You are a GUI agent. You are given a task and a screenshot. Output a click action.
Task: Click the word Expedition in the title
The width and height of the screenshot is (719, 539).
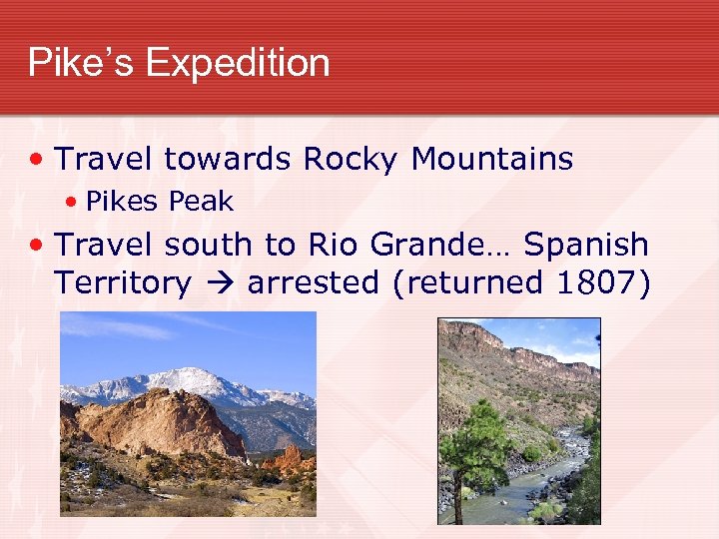(x=238, y=63)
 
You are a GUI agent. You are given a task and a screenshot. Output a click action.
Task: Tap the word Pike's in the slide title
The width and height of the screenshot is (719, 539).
(x=82, y=63)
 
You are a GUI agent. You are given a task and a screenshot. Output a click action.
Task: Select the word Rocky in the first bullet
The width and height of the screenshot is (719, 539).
(x=352, y=159)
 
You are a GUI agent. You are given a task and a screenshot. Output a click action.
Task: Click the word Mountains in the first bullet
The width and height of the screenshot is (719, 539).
(x=492, y=159)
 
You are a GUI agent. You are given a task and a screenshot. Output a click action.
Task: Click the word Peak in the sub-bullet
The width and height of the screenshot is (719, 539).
(x=201, y=202)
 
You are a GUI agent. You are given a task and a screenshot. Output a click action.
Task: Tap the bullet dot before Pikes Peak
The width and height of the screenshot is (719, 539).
(x=72, y=203)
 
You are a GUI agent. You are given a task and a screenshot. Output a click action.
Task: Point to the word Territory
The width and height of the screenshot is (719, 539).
(x=123, y=283)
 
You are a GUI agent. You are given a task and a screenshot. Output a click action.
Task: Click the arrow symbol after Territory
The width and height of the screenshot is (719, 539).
(x=219, y=284)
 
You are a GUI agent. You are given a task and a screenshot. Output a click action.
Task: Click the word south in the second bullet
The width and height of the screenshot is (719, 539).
(x=209, y=245)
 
